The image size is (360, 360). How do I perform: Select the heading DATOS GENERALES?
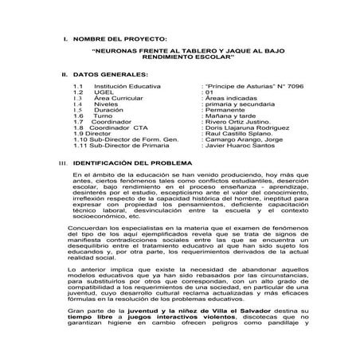pyautogui.click(x=113, y=72)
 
